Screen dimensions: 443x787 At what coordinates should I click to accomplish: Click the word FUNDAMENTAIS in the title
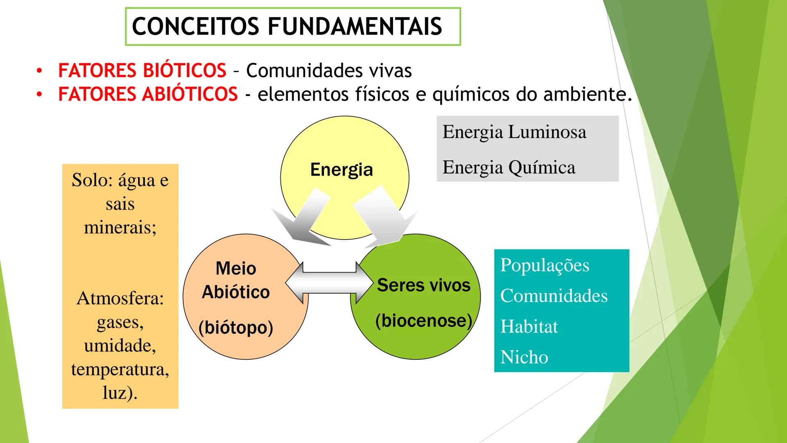pos(355,27)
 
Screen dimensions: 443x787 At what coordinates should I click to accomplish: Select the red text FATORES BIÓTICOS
pos(142,70)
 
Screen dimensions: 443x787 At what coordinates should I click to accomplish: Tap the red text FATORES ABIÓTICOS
pos(148,94)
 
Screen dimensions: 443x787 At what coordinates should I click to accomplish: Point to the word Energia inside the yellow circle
pos(341,169)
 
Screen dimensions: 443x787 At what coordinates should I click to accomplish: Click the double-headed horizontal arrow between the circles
pos(329,283)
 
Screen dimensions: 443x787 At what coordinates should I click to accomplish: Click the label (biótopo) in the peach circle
pos(236,327)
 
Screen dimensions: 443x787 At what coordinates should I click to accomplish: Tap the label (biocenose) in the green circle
pos(423,321)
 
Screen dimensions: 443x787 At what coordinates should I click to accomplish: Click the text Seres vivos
pos(423,285)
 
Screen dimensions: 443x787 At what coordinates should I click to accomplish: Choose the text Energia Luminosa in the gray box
pos(514,132)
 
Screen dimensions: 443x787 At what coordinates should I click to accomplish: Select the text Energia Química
pos(509,167)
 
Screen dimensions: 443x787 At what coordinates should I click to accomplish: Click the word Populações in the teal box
pos(544,265)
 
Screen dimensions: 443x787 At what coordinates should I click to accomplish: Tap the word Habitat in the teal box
pos(529,327)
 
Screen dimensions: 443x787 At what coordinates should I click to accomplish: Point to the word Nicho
pos(524,357)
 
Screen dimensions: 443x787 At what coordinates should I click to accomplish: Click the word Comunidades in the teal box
pos(553,296)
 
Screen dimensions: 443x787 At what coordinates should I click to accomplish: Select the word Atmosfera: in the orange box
pos(120,298)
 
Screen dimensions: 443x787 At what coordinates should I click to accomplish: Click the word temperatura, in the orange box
pos(120,369)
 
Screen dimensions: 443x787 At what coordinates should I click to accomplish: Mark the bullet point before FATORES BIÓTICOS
pos(39,71)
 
